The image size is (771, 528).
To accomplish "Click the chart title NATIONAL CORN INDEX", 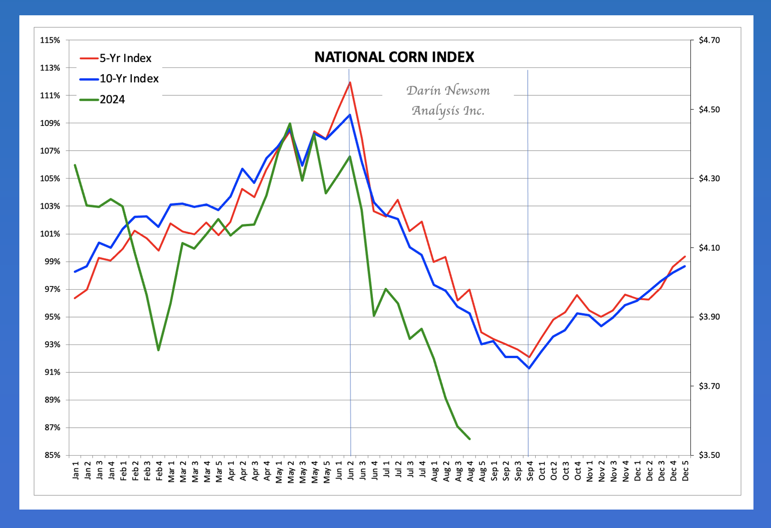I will tap(394, 57).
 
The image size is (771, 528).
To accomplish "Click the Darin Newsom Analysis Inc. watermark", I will tap(448, 100).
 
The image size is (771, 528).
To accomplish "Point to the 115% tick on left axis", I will tap(50, 40).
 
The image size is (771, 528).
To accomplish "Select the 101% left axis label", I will tap(50, 234).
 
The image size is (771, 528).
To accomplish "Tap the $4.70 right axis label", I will tap(709, 40).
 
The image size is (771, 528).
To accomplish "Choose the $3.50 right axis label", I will tap(709, 455).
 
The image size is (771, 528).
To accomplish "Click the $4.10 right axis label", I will tap(709, 248).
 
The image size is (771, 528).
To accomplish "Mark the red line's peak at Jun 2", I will tap(350, 82).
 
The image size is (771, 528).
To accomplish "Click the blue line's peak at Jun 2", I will tap(350, 115).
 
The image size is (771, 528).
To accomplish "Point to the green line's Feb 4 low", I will tap(158, 350).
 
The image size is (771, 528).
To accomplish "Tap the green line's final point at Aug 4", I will tap(470, 439).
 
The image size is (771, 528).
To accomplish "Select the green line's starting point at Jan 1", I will tap(75, 165).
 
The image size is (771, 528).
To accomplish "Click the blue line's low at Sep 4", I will tap(529, 368).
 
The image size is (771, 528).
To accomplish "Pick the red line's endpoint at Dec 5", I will tap(685, 256).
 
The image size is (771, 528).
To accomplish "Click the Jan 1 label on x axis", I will tap(76, 470).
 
